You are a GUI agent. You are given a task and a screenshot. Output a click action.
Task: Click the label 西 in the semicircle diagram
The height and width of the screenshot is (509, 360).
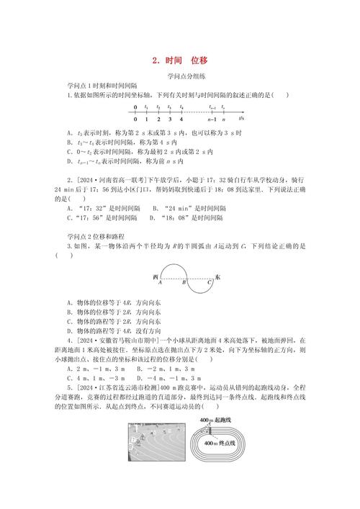tap(156, 276)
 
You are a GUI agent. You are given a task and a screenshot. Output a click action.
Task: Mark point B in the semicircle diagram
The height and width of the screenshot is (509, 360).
tap(183, 283)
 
